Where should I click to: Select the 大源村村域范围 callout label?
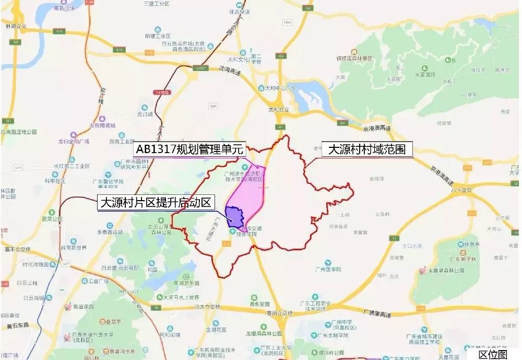pos(366,150)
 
